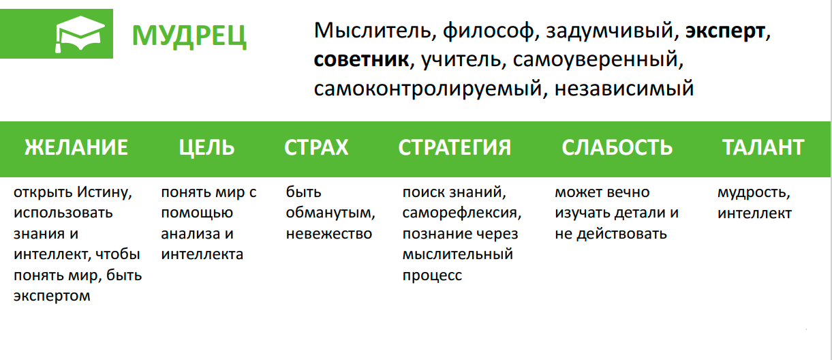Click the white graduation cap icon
[x=80, y=34]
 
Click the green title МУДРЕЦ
[x=189, y=35]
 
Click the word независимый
[x=624, y=89]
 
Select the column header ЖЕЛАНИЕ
[x=76, y=147]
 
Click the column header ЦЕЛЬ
[x=207, y=147]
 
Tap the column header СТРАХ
[x=316, y=147]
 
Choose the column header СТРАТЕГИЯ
[x=454, y=147]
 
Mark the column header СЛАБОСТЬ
[x=617, y=147]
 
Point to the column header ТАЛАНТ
[x=763, y=147]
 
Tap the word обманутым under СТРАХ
[x=330, y=213]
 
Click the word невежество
[x=329, y=234]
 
